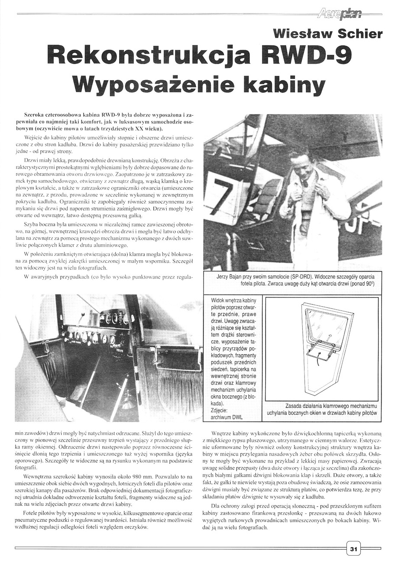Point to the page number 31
pos(353,549)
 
